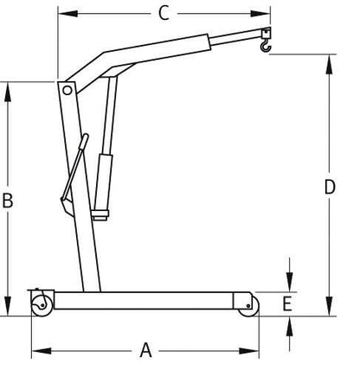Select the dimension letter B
[x=8, y=201]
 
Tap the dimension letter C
[x=162, y=13]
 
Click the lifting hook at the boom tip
[x=265, y=41]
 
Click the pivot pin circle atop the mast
[x=67, y=90]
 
